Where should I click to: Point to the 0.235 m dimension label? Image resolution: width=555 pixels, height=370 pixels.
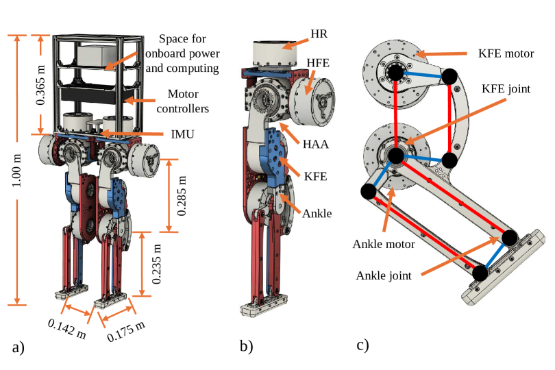coord(157,264)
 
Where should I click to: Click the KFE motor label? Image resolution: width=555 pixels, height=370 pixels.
coord(494,53)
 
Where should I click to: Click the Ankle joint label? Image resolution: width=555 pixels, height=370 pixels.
coord(384,275)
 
